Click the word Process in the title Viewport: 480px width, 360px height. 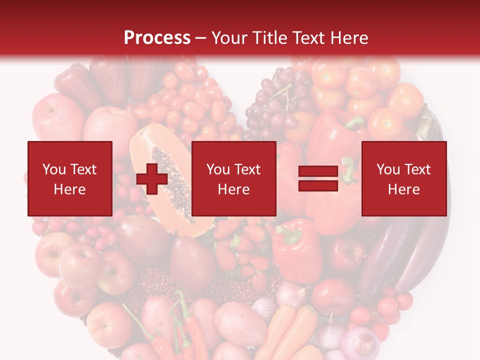157,38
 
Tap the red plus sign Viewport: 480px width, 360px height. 152,179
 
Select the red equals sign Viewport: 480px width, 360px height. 318,178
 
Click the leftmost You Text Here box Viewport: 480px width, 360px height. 70,178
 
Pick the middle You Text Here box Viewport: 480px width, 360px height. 233,178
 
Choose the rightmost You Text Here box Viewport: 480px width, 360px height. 403,178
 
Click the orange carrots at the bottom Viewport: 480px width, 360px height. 290,330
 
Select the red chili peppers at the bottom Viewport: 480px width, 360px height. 190,330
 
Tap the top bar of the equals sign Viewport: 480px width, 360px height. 318,171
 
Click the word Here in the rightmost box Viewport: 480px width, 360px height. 403,189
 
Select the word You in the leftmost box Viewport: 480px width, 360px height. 52,169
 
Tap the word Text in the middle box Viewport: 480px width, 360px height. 247,169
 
